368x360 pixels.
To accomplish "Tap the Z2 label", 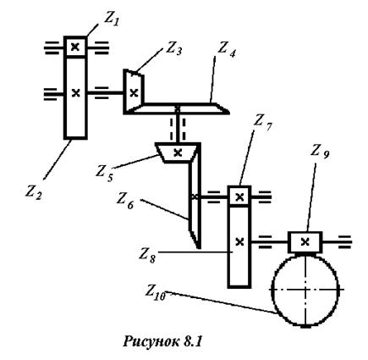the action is [x=34, y=192].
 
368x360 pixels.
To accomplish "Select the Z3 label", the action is [x=173, y=49].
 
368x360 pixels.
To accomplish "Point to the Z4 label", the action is [x=226, y=50].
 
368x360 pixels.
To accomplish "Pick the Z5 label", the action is [x=104, y=173].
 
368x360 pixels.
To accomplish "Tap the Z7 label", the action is [x=262, y=123].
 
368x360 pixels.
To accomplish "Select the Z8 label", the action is [x=147, y=256].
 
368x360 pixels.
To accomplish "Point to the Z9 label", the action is [x=320, y=152].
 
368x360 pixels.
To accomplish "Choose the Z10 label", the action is [x=156, y=291].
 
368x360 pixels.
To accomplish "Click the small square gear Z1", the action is [x=75, y=47].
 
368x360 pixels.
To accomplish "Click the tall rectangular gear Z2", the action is [x=75, y=97].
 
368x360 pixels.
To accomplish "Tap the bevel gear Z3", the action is [x=133, y=91].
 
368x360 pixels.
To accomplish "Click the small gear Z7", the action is [x=239, y=196].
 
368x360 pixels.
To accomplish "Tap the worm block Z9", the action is [x=305, y=242].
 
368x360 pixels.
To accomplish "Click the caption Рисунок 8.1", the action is [x=162, y=341].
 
